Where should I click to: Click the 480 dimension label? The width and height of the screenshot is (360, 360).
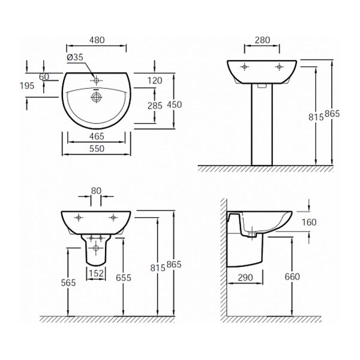tap(96, 40)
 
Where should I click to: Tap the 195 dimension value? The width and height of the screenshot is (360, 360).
tap(26, 85)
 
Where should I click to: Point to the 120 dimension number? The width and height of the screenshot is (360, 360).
tap(155, 80)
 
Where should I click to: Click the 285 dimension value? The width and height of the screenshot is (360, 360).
tap(155, 106)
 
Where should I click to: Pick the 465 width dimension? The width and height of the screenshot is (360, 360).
tap(96, 137)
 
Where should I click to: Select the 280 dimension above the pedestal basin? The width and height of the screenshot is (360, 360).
tap(262, 40)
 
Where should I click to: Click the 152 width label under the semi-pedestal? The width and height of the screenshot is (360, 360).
tap(97, 273)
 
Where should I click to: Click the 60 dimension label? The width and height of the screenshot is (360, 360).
tap(44, 76)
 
